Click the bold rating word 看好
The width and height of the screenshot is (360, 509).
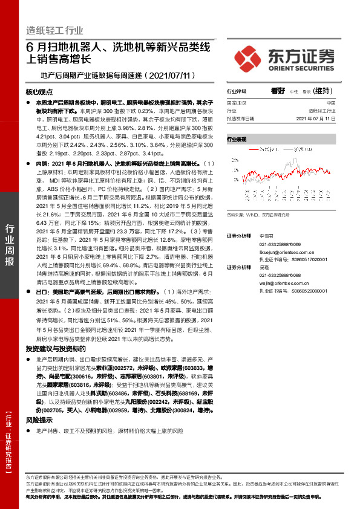point(278,91)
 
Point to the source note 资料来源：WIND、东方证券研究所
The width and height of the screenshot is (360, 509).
point(257,215)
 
